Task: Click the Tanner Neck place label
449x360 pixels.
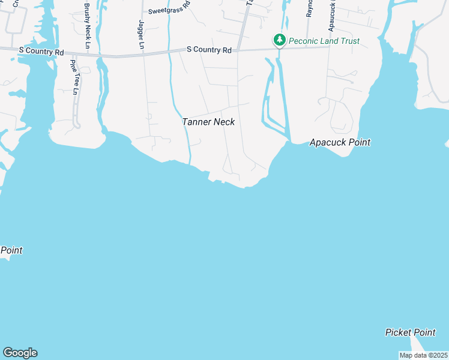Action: coord(208,122)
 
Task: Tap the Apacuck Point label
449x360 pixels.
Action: coord(340,142)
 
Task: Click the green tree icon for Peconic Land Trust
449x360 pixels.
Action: coord(279,40)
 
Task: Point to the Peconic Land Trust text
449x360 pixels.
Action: coord(324,41)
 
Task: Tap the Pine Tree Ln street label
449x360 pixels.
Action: coord(74,77)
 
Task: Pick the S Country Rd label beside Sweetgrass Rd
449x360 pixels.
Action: coord(209,50)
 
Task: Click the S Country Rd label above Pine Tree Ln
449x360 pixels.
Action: coord(41,53)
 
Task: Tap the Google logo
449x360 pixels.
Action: coord(20,353)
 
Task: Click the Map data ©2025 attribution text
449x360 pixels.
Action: coord(423,355)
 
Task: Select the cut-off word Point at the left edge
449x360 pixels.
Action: coord(11,250)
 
